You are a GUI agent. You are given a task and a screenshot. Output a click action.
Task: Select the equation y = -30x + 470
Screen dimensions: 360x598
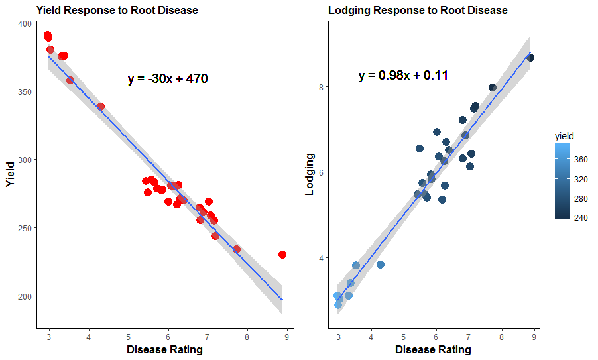coord(168,79)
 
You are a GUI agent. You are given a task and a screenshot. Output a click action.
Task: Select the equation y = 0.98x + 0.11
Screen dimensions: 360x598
coord(403,76)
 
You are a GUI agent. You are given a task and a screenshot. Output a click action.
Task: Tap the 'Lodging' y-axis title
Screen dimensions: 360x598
coord(309,175)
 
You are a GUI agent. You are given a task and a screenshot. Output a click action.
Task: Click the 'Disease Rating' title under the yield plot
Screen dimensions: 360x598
coord(164,349)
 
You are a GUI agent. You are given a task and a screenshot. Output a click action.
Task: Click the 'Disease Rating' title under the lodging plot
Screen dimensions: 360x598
coord(433,349)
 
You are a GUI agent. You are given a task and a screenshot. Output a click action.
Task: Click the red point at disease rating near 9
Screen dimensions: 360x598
coord(282,255)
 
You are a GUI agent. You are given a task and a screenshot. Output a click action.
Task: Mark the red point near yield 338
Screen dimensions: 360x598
coord(101,107)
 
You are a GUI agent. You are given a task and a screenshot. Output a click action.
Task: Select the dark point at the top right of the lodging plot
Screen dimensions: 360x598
coord(530,58)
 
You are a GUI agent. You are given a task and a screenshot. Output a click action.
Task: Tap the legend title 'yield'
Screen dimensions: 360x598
coord(564,135)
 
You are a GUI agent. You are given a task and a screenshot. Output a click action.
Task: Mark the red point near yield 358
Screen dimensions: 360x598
coord(70,80)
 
